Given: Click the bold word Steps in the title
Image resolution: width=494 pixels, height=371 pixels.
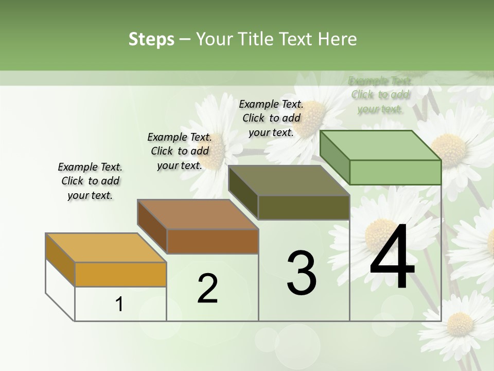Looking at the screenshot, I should click(x=151, y=39).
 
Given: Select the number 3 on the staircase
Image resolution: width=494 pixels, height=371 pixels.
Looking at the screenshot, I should click(x=302, y=273).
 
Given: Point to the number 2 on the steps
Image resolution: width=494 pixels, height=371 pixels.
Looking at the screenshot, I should click(x=208, y=289).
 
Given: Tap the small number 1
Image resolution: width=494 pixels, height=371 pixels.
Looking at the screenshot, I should click(x=119, y=304).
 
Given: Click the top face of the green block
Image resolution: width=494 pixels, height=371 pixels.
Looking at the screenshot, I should click(x=381, y=145).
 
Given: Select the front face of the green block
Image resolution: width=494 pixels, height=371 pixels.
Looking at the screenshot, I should click(x=395, y=172).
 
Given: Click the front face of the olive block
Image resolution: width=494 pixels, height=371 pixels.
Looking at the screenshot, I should click(x=304, y=208).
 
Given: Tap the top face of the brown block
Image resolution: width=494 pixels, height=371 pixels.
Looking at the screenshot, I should click(x=198, y=214).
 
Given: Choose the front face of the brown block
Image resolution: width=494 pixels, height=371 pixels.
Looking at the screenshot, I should click(x=212, y=241).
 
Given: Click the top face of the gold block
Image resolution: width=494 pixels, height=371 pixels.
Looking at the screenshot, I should click(x=105, y=248).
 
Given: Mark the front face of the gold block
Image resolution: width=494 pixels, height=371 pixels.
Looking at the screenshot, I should click(x=120, y=274).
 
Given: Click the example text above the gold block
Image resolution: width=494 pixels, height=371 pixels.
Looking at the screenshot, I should click(x=90, y=181).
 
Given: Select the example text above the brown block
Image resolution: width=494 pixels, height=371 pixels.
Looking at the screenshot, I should click(x=180, y=151).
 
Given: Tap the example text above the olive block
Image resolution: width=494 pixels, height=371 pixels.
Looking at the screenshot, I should click(x=271, y=118).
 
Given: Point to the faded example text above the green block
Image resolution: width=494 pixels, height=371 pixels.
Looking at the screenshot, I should click(x=380, y=94).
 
